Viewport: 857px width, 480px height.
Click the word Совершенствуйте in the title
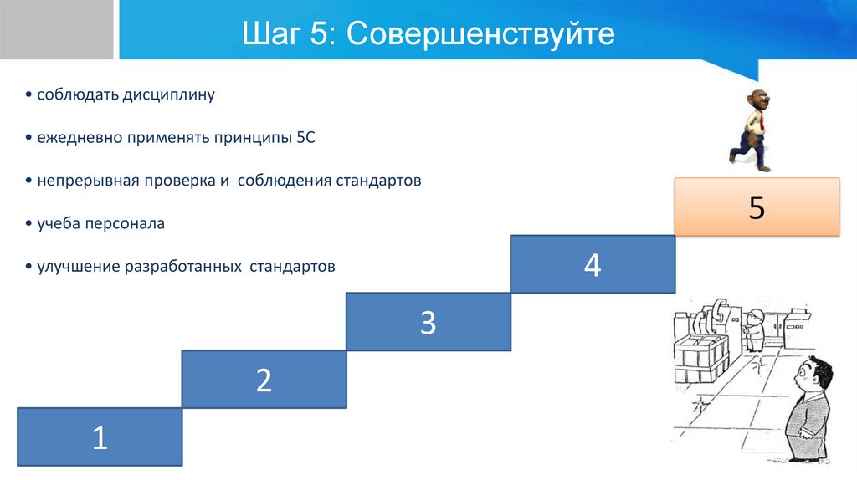tap(478, 34)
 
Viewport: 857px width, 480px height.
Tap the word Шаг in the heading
tap(269, 34)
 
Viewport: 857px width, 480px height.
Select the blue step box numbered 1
tap(100, 437)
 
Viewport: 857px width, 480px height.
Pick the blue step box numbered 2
tap(264, 380)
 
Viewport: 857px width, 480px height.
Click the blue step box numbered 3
tap(428, 322)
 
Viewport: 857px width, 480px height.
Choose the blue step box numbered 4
tap(593, 264)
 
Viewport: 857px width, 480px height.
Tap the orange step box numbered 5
tap(757, 207)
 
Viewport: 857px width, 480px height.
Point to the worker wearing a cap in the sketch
tap(756, 329)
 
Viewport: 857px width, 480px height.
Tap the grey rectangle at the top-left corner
tap(57, 29)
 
